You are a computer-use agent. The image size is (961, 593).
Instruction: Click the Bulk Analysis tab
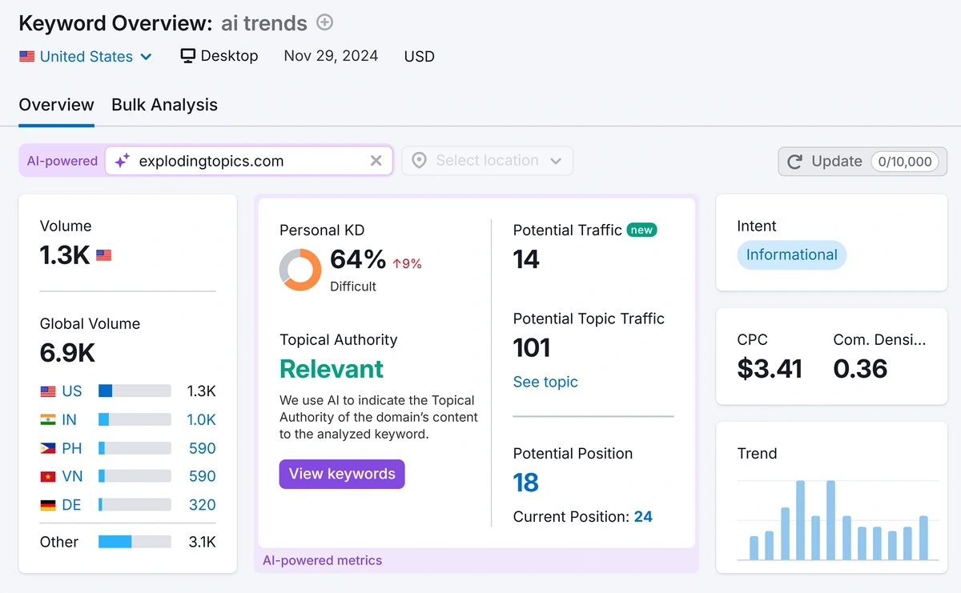click(164, 105)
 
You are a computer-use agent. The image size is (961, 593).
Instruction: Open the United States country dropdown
click(86, 57)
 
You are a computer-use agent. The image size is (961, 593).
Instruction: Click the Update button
click(862, 161)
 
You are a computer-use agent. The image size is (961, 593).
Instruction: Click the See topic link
click(545, 382)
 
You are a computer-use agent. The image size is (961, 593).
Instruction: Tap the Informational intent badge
click(791, 254)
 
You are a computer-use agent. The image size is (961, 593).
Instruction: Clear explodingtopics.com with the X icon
click(376, 161)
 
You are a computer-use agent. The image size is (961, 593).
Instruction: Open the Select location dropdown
click(487, 161)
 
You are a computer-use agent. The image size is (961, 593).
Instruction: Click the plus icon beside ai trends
click(324, 22)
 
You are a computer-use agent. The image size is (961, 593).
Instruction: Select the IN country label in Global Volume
click(70, 419)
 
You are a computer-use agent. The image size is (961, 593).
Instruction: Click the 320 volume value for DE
click(202, 504)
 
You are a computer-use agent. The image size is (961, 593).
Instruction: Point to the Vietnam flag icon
click(48, 476)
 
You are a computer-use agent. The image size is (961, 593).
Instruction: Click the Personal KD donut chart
click(300, 270)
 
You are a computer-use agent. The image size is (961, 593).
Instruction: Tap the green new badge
click(641, 230)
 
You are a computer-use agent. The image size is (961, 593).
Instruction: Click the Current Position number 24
click(643, 516)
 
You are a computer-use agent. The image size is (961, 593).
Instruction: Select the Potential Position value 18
click(526, 483)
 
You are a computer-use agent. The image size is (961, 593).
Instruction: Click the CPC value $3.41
click(769, 368)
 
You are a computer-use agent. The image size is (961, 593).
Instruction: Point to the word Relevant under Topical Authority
click(332, 369)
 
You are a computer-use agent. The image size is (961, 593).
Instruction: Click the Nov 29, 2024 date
click(331, 56)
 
